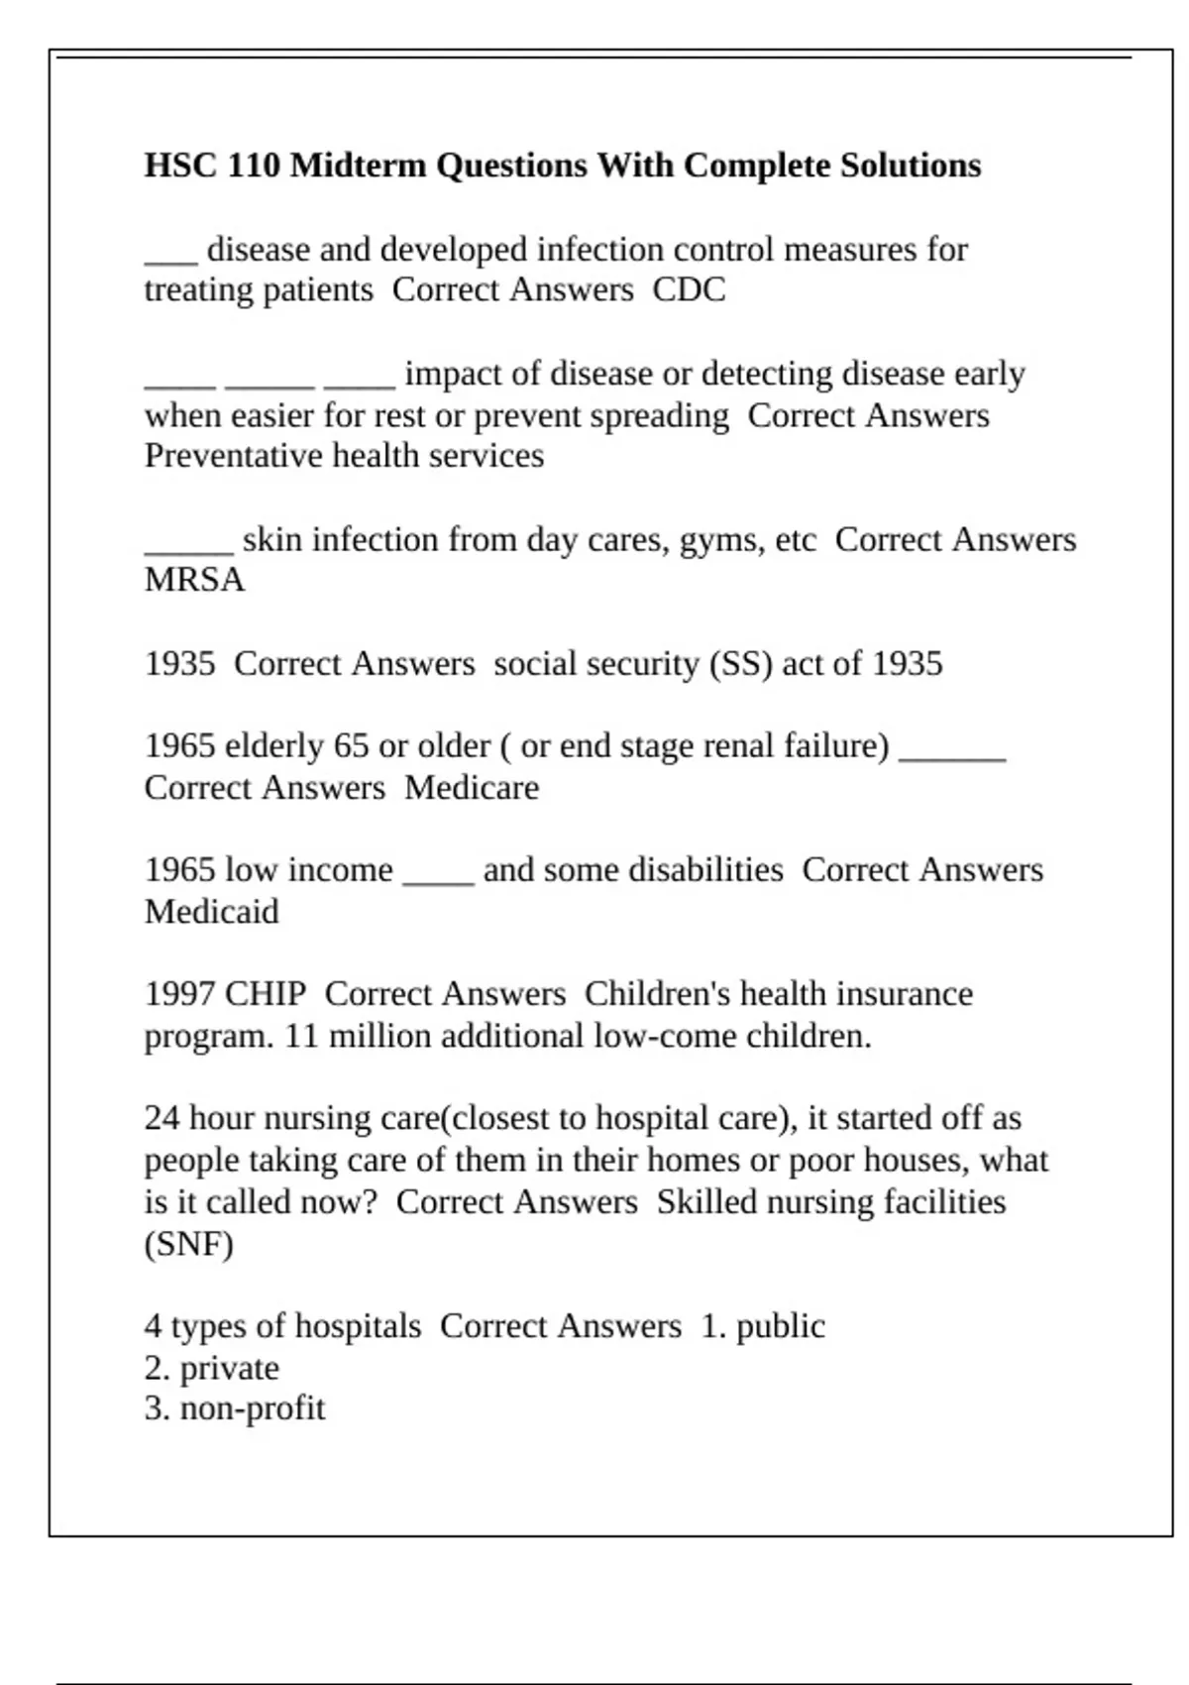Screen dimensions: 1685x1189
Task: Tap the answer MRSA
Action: [x=194, y=580]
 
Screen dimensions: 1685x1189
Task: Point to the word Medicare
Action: [x=472, y=788]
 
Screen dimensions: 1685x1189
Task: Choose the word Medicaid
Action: [x=211, y=912]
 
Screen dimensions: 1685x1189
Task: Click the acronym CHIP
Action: [x=266, y=994]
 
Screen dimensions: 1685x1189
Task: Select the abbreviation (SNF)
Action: [x=188, y=1244]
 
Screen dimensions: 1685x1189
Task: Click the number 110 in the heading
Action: [x=254, y=166]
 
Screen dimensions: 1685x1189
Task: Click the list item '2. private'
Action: [x=211, y=1369]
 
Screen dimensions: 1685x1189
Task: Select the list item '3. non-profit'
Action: [x=234, y=1408]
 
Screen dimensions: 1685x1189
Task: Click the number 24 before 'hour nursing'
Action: [x=162, y=1118]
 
